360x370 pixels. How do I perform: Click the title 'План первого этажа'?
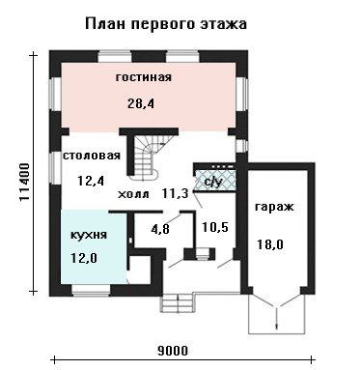[166, 24]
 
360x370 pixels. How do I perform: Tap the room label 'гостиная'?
[144, 77]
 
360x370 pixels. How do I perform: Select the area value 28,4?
[141, 103]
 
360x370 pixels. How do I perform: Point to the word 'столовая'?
[92, 156]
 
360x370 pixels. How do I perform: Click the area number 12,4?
[91, 181]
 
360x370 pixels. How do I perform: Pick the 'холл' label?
[133, 194]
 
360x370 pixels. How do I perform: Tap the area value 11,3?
[175, 193]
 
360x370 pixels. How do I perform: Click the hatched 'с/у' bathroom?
[214, 179]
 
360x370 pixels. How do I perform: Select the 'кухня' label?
[89, 235]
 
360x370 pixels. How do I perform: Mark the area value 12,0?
[84, 258]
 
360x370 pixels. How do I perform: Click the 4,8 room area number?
[160, 230]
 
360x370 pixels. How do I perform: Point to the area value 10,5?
[215, 227]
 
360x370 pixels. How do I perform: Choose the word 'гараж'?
[274, 207]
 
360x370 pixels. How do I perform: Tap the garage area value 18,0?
[270, 244]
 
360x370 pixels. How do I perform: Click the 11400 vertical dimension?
[24, 182]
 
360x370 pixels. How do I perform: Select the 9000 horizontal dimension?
[173, 351]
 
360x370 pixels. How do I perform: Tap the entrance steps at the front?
[178, 302]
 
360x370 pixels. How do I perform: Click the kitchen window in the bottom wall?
[92, 290]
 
